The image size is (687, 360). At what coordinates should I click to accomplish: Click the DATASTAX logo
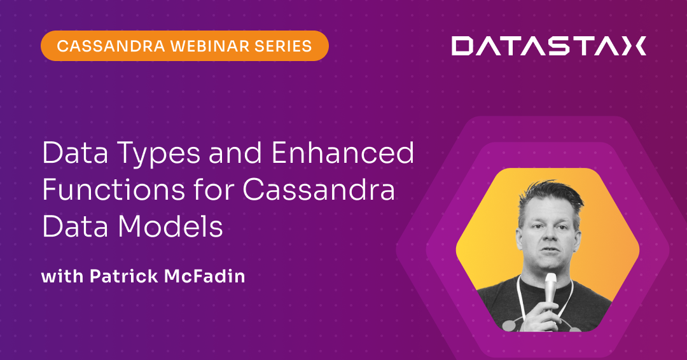coord(548,46)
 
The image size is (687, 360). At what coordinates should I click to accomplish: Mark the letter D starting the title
coord(52,155)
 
